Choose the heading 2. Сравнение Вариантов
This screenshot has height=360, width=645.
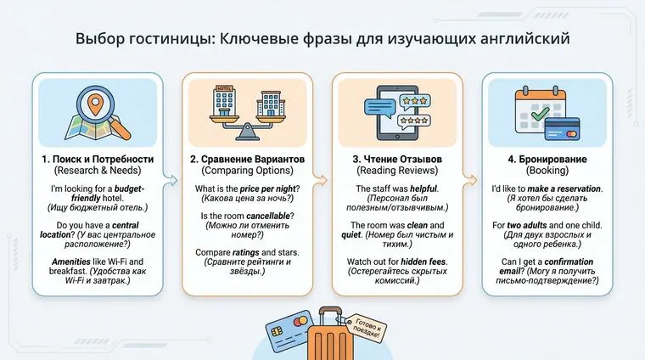pos(246,160)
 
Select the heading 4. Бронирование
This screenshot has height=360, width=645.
pos(547,160)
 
